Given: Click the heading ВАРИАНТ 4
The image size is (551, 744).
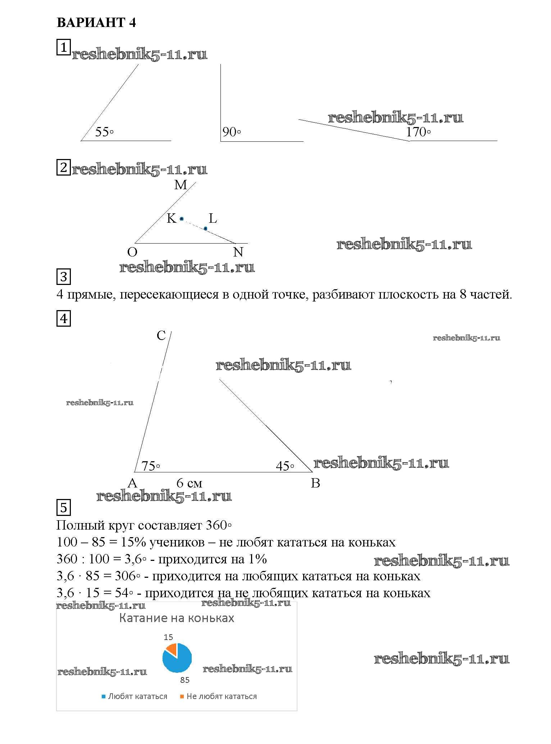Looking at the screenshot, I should click(96, 23).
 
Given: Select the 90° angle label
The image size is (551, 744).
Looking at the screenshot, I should click(231, 132).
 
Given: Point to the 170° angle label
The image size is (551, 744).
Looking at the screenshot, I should click(418, 132).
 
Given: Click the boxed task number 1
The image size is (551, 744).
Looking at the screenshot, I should click(64, 47).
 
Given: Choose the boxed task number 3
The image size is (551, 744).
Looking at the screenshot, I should click(64, 277).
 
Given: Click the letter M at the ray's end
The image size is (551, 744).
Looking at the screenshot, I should click(181, 185).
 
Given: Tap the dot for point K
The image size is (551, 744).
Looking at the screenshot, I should click(182, 219).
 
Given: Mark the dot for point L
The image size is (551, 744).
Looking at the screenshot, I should click(205, 228).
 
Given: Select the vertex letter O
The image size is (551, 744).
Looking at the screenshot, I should click(132, 252).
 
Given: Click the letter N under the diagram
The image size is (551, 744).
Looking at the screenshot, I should click(238, 252).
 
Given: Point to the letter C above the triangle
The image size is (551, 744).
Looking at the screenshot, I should click(161, 336).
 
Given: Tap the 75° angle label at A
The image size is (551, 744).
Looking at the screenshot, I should click(151, 466).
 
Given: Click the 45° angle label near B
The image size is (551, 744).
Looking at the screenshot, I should click(285, 466).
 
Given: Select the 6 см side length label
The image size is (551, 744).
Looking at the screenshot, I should click(189, 483).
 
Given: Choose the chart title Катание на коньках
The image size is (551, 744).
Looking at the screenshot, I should click(177, 618).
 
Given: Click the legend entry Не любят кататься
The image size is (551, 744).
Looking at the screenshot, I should click(218, 697).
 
